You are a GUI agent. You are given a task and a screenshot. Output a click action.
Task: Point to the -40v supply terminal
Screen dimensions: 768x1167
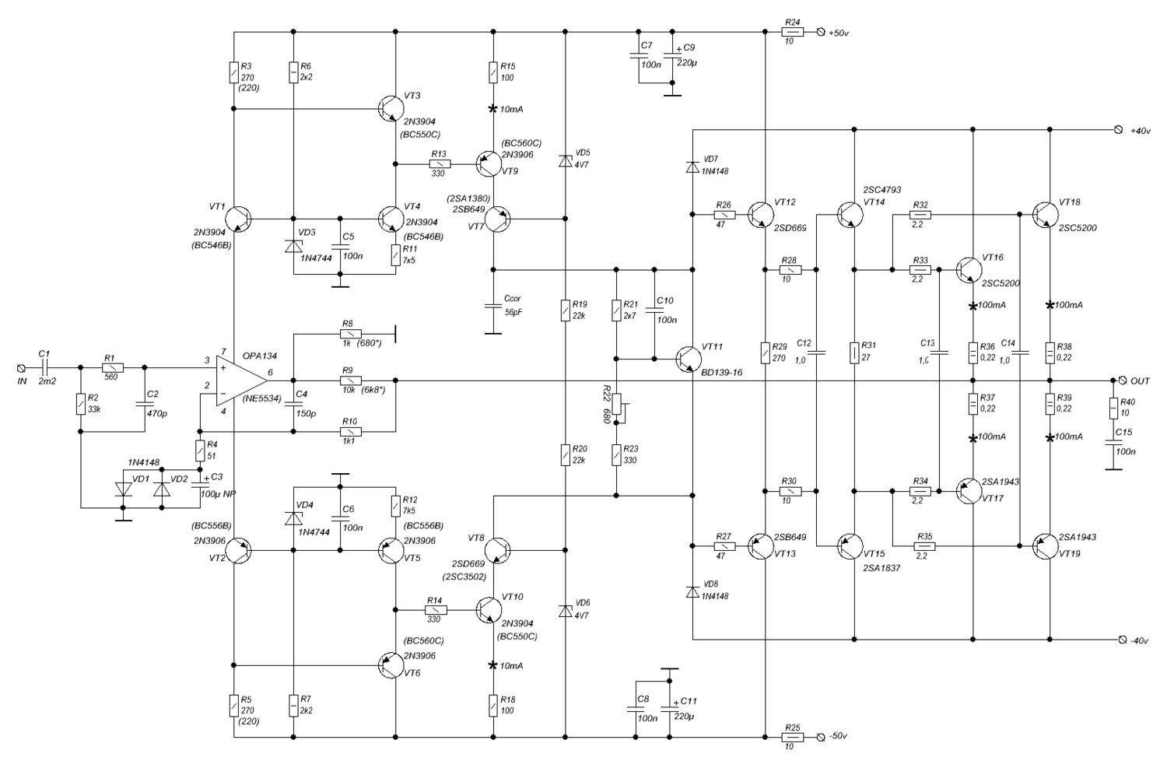click(x=1120, y=640)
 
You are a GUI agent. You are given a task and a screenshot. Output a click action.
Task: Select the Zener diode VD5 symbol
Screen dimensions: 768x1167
click(x=565, y=161)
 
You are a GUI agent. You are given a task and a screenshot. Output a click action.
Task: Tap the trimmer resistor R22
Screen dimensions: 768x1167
click(x=615, y=404)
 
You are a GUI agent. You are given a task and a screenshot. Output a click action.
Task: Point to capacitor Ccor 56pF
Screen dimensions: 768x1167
click(x=492, y=305)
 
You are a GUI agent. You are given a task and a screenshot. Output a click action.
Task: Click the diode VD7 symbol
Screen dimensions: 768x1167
click(x=692, y=167)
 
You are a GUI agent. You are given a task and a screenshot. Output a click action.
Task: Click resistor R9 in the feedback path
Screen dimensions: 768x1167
click(x=348, y=380)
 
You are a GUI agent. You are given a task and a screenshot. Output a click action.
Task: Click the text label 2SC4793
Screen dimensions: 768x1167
click(x=881, y=189)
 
